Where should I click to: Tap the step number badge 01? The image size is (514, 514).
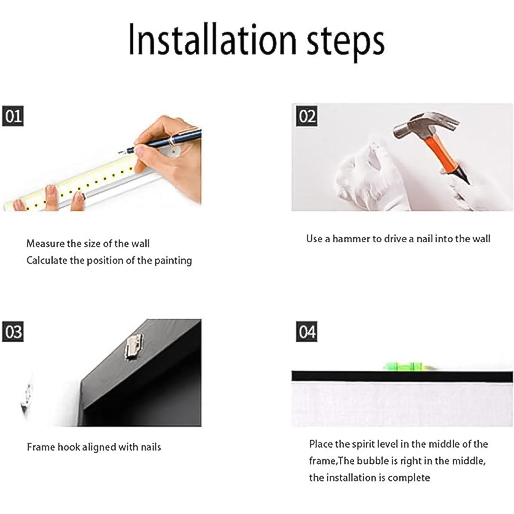click(13, 116)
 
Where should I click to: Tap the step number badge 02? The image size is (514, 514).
click(307, 116)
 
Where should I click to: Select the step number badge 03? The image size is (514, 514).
click(13, 332)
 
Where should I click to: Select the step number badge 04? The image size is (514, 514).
click(307, 332)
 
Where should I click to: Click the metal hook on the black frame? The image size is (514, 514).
click(134, 347)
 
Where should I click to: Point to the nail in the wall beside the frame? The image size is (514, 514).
click(27, 397)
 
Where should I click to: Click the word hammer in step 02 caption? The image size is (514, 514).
click(352, 238)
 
